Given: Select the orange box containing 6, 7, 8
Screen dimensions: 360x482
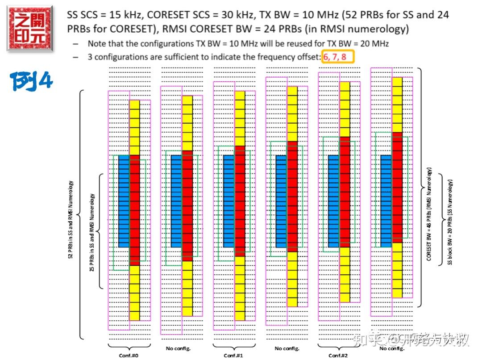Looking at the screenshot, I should coord(338,57).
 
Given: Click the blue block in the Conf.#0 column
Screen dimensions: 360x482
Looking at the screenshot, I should coord(124,201).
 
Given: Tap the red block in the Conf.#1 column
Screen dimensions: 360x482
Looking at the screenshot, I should coord(240,201).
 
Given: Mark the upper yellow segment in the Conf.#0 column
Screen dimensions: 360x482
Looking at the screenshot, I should coord(134,127).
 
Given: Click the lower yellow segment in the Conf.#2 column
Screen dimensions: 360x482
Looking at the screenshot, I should coord(345,275).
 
